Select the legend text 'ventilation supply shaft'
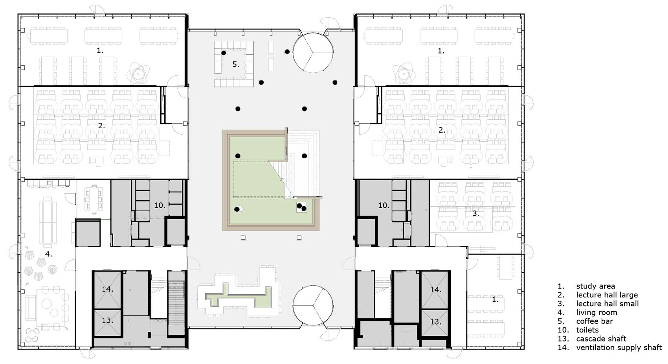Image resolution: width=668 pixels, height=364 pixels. click(x=619, y=347)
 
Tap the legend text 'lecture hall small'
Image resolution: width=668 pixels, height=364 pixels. click(x=607, y=304)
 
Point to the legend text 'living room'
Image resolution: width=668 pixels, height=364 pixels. click(x=596, y=312)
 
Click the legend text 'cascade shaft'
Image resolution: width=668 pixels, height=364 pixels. click(x=601, y=339)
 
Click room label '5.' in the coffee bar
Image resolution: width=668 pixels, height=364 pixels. click(x=236, y=64)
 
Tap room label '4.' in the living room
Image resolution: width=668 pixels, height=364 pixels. click(x=49, y=254)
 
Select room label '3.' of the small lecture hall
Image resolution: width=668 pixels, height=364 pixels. click(x=475, y=214)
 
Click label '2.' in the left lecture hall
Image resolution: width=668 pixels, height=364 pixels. click(x=101, y=126)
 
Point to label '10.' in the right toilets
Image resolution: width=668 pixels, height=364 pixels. click(x=384, y=205)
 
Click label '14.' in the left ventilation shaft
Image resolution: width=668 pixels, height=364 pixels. click(x=107, y=289)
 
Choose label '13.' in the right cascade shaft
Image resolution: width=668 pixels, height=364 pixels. click(x=435, y=322)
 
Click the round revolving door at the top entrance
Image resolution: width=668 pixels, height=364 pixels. click(x=313, y=52)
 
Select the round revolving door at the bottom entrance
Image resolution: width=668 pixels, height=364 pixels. click(x=313, y=306)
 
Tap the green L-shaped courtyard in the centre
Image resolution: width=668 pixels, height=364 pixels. click(x=257, y=179)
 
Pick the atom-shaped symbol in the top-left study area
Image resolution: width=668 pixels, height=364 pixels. click(x=138, y=73)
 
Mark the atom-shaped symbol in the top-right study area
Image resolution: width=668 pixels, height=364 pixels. click(x=404, y=74)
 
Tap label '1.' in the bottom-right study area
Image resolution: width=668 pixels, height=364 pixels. click(x=495, y=299)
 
